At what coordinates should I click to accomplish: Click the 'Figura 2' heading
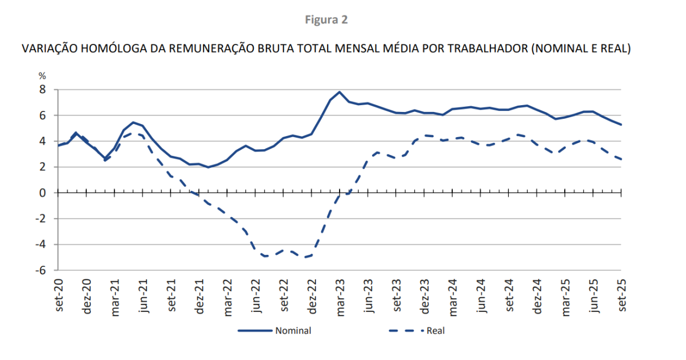click(x=326, y=20)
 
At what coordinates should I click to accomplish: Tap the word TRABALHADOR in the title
click(x=486, y=49)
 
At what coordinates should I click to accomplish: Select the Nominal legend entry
click(x=293, y=330)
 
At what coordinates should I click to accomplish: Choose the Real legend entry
click(x=436, y=330)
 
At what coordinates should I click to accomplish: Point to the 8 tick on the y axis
click(x=42, y=90)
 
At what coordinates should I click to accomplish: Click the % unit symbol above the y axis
click(x=42, y=76)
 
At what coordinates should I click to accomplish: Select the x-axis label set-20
click(x=59, y=296)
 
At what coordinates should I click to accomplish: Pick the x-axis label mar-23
click(x=340, y=296)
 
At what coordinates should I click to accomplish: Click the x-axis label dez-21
click(x=199, y=296)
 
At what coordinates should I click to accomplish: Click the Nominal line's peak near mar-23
click(x=340, y=92)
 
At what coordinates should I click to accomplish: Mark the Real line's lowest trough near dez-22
click(x=307, y=257)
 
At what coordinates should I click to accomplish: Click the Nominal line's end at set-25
click(x=621, y=125)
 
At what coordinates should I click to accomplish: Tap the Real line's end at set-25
click(x=621, y=159)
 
